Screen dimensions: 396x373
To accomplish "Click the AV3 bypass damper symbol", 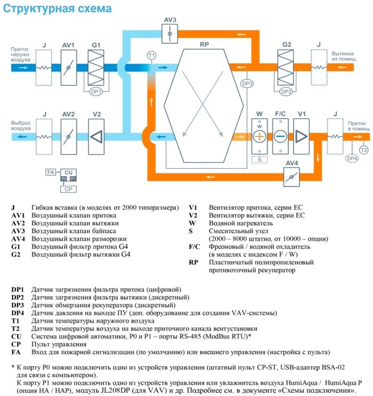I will [x=170, y=34].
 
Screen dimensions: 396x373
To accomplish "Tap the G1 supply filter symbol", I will [x=96, y=68].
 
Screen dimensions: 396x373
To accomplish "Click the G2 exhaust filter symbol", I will [x=287, y=68].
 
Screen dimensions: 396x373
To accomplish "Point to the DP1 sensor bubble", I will [x=96, y=92].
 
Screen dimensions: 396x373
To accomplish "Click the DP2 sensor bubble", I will [x=287, y=92].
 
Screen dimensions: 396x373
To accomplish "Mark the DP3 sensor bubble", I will [x=247, y=84].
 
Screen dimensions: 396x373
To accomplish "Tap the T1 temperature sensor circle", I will [x=151, y=55].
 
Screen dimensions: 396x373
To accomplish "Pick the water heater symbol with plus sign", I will [x=260, y=136].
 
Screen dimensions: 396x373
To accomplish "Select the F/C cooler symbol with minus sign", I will [x=280, y=136].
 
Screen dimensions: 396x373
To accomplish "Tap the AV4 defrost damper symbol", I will [x=290, y=175].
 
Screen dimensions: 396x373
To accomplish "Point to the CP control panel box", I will [x=68, y=189].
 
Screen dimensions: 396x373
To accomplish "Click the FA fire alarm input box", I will [x=50, y=172].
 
